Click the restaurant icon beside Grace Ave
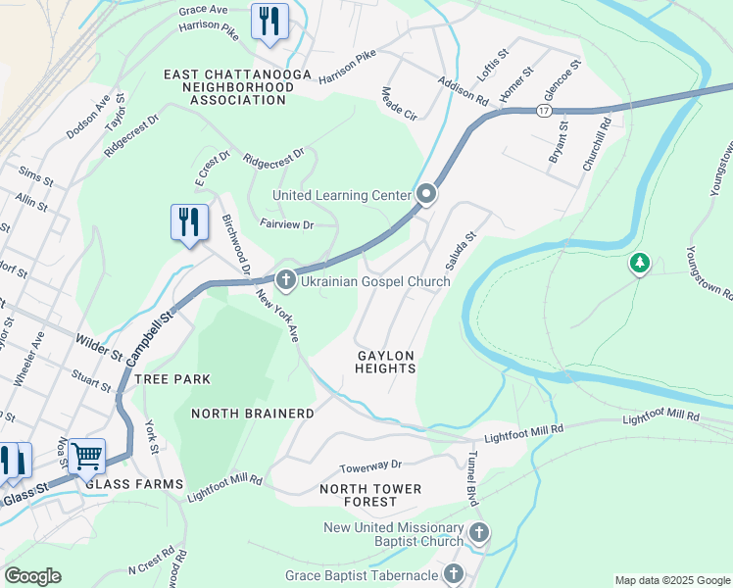269,22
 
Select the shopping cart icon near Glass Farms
87,455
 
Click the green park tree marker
640,263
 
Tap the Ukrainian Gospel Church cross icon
285,281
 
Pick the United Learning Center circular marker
426,195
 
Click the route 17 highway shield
543,112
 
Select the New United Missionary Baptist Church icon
478,533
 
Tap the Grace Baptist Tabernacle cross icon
453,574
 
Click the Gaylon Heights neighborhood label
385,362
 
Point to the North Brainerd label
253,414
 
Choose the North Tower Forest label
370,495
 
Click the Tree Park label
172,378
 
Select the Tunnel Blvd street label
471,483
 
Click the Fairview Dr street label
286,224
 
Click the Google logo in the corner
33,576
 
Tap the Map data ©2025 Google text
671,580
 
